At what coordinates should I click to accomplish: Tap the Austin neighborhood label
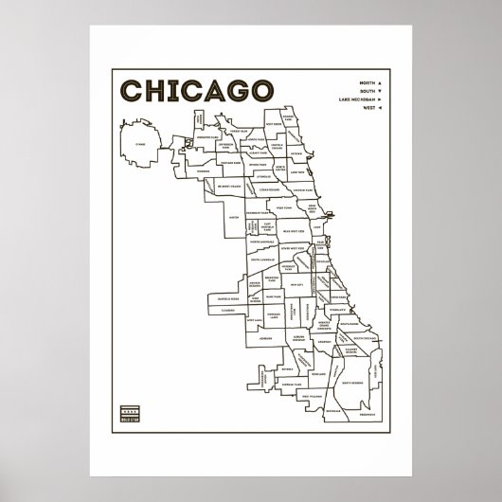point(233,216)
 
